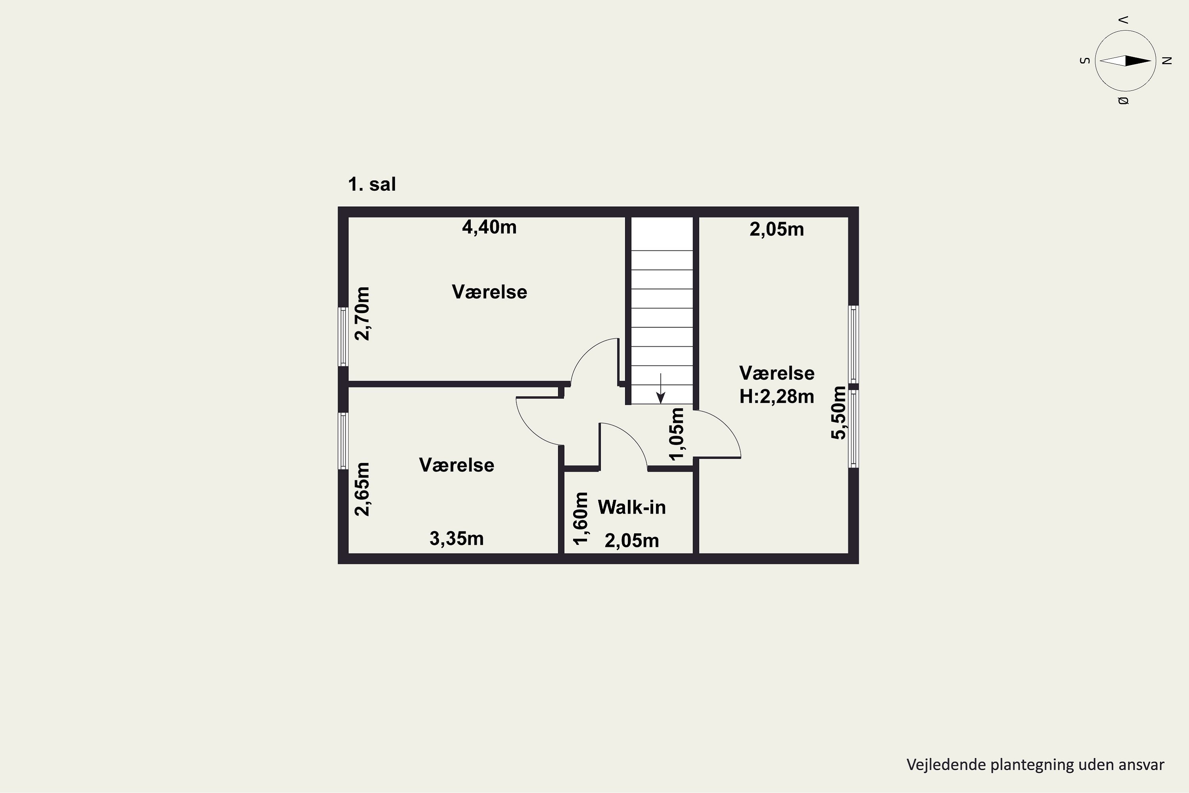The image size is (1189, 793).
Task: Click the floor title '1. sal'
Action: pyautogui.click(x=372, y=184)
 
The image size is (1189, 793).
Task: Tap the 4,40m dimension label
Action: pyautogui.click(x=489, y=228)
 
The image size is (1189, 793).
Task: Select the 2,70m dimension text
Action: pyautogui.click(x=363, y=314)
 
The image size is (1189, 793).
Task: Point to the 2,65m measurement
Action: pyautogui.click(x=363, y=489)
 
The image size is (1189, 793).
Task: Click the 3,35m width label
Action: pyautogui.click(x=457, y=538)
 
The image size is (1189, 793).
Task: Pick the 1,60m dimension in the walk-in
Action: pyautogui.click(x=581, y=518)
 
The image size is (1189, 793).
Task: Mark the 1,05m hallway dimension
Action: pyautogui.click(x=677, y=434)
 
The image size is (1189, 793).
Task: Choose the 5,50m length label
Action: pyautogui.click(x=838, y=413)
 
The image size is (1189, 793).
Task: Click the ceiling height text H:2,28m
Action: pyautogui.click(x=776, y=396)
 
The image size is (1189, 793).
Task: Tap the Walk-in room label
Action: pyautogui.click(x=631, y=507)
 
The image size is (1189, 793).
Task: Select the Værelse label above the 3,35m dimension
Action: pyautogui.click(x=457, y=465)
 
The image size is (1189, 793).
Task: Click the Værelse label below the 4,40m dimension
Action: pyautogui.click(x=489, y=292)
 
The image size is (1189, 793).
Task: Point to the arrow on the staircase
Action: pyautogui.click(x=660, y=389)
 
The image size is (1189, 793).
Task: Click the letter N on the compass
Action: pyautogui.click(x=1167, y=61)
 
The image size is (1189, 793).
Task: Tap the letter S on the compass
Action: pyautogui.click(x=1084, y=61)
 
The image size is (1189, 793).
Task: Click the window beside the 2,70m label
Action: pyautogui.click(x=343, y=336)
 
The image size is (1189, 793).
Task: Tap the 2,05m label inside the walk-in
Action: pyautogui.click(x=631, y=541)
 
